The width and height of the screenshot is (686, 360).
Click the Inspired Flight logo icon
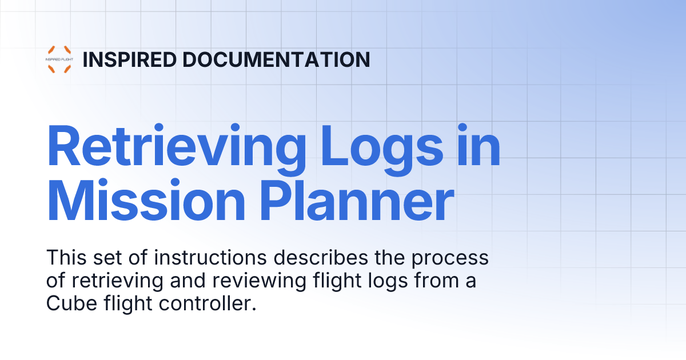tap(59, 59)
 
